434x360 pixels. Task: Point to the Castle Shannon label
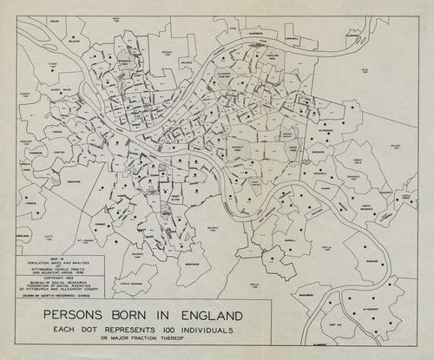(x=131, y=284)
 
